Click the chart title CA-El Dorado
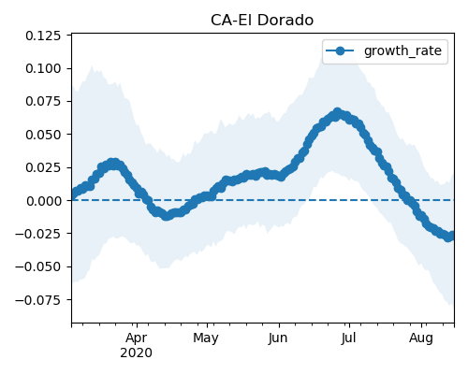262,21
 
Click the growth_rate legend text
402,50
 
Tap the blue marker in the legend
340,50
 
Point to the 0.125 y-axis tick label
43,36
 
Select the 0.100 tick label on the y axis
43,68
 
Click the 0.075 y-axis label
43,102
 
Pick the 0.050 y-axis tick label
43,135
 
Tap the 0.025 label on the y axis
43,167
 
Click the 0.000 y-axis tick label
43,201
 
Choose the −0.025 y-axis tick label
38,234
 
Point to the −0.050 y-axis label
38,266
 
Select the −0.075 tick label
38,300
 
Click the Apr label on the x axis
137,338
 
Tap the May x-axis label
206,338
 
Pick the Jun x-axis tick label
278,338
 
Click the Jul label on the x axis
348,338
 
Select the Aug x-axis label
421,338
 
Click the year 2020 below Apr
137,352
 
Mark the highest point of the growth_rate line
337,112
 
